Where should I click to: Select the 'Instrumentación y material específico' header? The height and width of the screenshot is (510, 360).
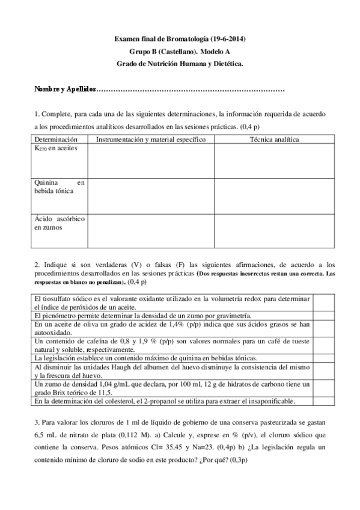coord(151,140)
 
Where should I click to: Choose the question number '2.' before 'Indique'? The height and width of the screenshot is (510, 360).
coord(37,264)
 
